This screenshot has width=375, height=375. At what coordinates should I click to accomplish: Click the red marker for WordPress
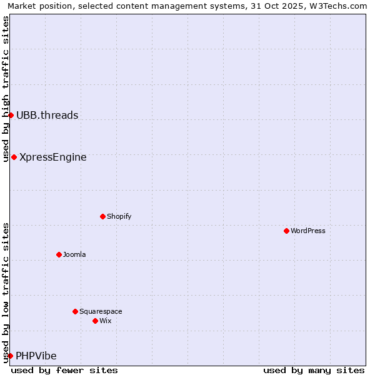point(286,231)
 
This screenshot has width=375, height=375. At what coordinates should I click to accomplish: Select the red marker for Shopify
point(102,216)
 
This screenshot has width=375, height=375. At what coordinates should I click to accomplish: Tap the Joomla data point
point(59,254)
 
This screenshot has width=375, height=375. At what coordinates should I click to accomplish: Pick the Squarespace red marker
point(75,311)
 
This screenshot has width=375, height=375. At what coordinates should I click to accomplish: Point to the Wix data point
point(95,321)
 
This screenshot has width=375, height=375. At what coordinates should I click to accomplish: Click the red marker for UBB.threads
point(11,115)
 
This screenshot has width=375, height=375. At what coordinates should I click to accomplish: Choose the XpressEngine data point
point(14,157)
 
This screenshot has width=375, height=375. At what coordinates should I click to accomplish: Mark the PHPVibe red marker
point(10,356)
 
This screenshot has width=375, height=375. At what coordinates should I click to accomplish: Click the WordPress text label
point(308,231)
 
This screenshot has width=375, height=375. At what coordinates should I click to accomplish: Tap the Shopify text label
point(119,216)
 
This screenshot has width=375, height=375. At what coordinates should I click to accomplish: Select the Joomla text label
point(74,254)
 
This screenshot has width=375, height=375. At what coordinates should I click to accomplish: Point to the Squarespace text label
point(101,311)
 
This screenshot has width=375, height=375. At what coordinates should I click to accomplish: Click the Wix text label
point(106,321)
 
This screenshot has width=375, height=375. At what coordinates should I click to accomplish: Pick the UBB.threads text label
point(47,115)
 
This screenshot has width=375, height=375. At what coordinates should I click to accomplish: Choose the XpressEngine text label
point(53,157)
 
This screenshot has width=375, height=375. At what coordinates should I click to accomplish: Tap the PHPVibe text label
point(36,356)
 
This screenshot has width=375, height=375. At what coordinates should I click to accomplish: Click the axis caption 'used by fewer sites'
point(64,370)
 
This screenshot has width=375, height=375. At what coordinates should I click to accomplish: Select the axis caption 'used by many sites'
point(314,370)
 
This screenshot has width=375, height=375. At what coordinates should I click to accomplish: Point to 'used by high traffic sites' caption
point(6,89)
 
